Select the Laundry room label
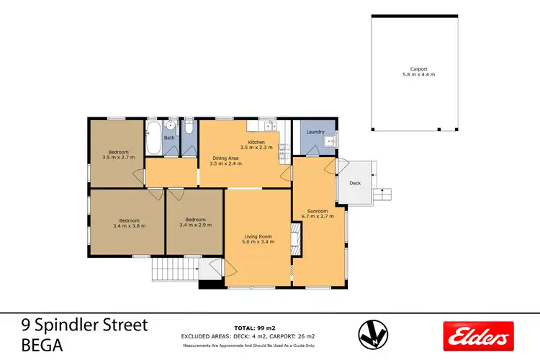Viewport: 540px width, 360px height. coord(315,132)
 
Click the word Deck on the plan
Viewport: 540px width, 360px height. coord(354,183)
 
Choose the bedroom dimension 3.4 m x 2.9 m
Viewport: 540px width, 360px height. coord(195,225)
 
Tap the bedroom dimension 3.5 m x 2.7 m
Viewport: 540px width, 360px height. coord(118,157)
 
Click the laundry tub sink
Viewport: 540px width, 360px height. coord(328,142)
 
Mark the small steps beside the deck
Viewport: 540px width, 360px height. coord(385,193)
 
